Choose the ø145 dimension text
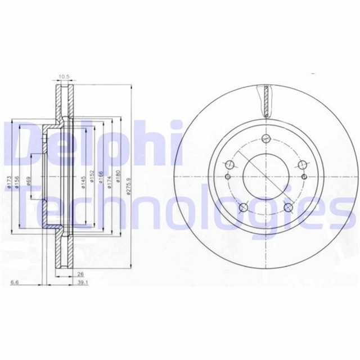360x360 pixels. (82, 181)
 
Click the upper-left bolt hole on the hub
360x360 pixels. (229, 165)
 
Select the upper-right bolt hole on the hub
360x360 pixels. (303, 165)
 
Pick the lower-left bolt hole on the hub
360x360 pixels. (244, 208)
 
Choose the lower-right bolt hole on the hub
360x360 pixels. (289, 208)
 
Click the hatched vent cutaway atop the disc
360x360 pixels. (266, 99)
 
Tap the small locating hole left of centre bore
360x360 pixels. (227, 176)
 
